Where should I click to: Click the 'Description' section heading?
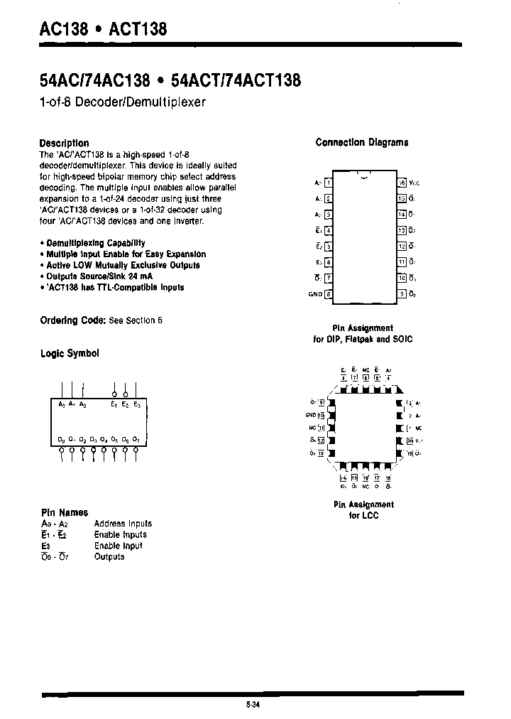[x=64, y=143]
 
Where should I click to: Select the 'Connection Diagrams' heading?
[x=361, y=142]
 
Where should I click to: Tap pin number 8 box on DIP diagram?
[x=328, y=294]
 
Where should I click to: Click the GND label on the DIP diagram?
[x=315, y=294]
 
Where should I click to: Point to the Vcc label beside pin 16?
[x=415, y=183]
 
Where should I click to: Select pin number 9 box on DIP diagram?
[x=402, y=294]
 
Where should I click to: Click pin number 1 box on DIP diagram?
[x=328, y=183]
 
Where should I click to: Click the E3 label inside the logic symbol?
[x=137, y=404]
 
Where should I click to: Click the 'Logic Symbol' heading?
[x=70, y=353]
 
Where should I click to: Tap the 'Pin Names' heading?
[x=64, y=512]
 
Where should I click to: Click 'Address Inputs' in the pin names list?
[x=123, y=524]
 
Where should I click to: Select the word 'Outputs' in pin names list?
[x=109, y=557]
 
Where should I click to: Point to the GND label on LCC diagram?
[x=311, y=415]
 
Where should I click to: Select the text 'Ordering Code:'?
[x=72, y=320]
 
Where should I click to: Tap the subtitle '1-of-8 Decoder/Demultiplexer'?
[x=122, y=102]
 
